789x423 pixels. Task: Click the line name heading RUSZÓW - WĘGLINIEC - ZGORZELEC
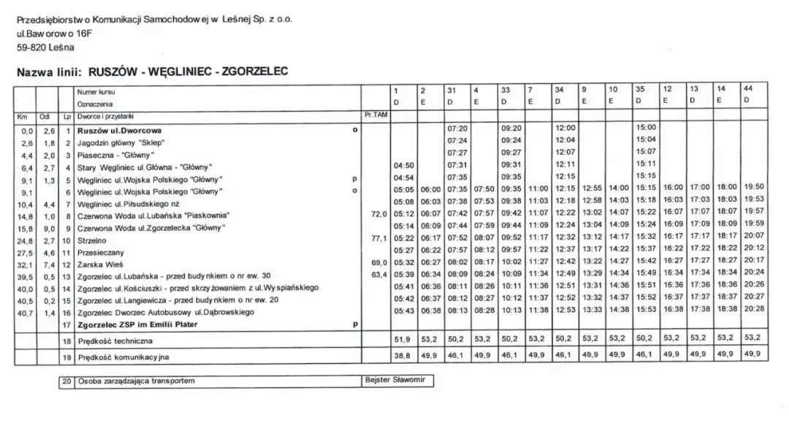point(188,71)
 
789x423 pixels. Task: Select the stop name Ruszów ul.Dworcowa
point(119,130)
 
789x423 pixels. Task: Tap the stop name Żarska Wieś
point(100,263)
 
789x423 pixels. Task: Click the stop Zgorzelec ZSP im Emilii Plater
point(137,324)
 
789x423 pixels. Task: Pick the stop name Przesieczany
point(101,251)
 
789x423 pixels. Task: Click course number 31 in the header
point(451,91)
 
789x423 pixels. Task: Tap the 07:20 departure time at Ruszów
point(457,128)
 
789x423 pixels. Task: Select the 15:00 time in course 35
point(646,128)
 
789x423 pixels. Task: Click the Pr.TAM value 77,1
point(378,239)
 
